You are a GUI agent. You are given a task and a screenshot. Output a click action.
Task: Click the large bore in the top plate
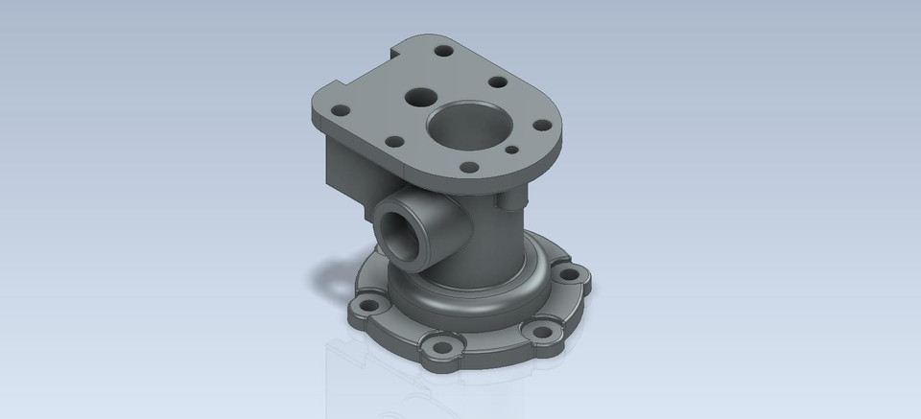point(469,125)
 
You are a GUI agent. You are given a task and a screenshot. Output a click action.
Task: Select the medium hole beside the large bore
point(420,97)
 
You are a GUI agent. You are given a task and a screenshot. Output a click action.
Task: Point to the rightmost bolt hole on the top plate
point(541,125)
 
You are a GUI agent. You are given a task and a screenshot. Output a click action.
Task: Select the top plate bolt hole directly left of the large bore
point(393,142)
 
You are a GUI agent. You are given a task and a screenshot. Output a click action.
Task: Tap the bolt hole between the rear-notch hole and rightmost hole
point(497,81)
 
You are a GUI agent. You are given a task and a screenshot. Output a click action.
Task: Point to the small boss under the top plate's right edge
point(512,200)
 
